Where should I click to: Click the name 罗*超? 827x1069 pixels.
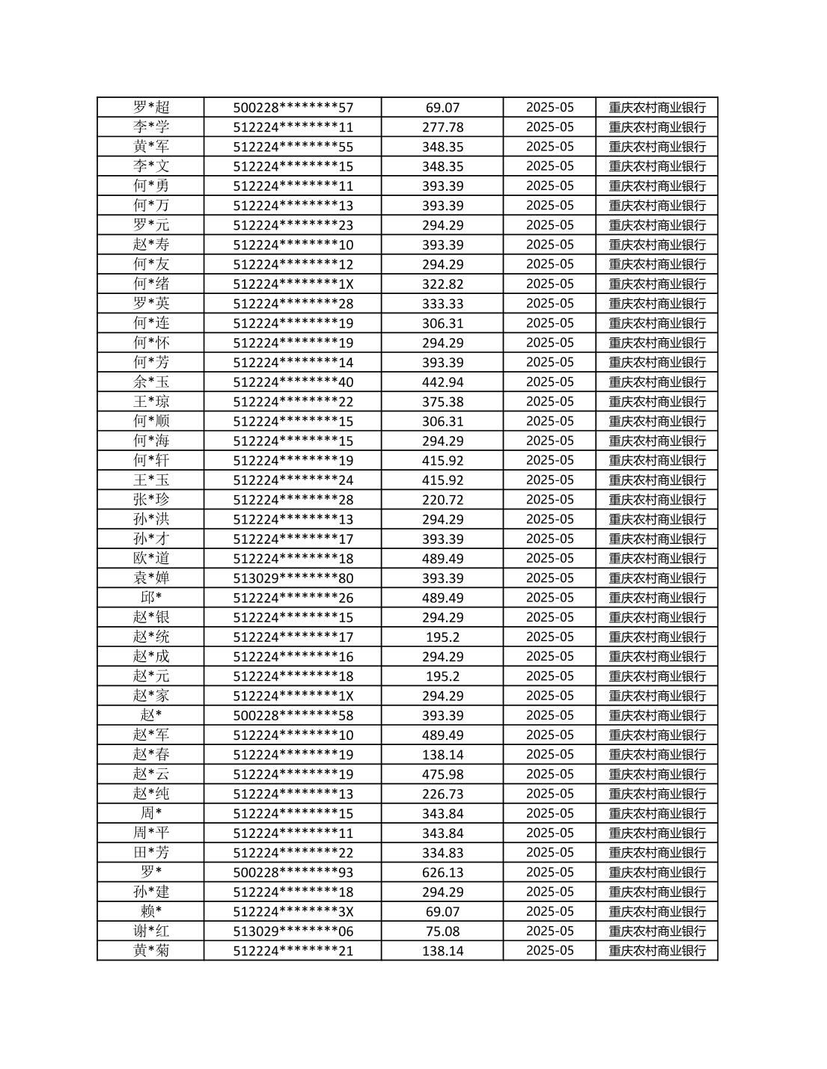151,108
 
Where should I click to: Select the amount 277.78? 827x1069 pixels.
442,127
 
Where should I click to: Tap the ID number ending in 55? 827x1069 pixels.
293,147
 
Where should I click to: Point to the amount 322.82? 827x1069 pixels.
442,284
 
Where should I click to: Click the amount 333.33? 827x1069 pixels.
442,304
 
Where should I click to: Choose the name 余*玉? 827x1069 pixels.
151,382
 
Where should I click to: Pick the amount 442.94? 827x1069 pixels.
442,382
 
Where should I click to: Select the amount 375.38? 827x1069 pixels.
442,402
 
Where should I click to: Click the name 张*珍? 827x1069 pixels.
151,500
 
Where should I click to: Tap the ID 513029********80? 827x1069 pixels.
293,578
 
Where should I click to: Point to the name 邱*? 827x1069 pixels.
151,598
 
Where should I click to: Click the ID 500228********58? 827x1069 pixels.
293,715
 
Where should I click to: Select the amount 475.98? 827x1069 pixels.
442,774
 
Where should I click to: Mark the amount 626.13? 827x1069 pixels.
442,872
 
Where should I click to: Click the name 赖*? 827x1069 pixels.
151,911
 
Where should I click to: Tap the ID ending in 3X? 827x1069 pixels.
293,911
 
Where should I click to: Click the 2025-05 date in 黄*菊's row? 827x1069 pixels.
550,951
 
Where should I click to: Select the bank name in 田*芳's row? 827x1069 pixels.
657,853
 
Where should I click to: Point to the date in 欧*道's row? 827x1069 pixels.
550,559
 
